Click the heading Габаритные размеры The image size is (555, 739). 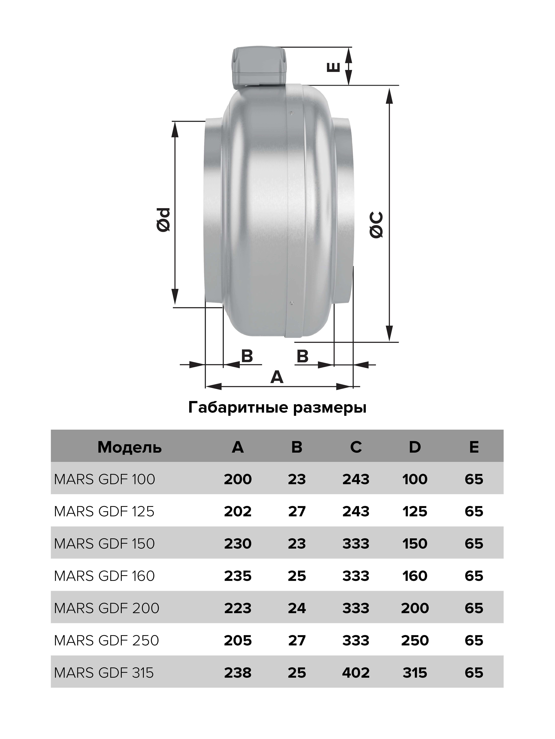click(x=277, y=408)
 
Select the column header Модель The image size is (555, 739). click(x=129, y=447)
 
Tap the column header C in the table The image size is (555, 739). click(x=356, y=447)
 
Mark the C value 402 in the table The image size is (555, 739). click(x=356, y=673)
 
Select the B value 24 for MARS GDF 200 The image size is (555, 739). click(x=297, y=608)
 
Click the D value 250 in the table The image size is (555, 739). click(x=415, y=640)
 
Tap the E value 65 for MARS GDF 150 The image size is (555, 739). click(x=474, y=544)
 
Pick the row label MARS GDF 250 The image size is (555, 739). click(x=106, y=640)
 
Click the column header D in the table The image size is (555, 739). click(x=415, y=447)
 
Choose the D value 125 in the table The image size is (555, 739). click(x=415, y=512)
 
